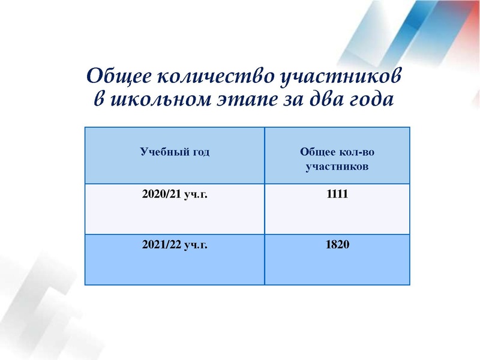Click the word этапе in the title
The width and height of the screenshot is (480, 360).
click(241, 99)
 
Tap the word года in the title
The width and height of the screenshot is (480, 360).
click(370, 99)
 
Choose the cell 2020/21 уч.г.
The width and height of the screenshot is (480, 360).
click(175, 194)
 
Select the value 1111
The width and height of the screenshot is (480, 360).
click(338, 194)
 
